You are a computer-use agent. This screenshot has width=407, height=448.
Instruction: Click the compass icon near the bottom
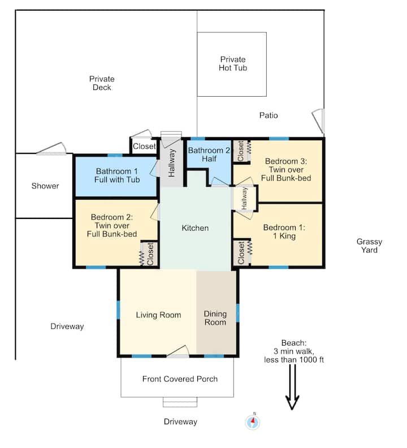253,422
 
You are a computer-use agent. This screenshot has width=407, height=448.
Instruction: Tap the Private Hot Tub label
233,64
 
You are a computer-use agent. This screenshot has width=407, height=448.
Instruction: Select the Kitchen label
195,228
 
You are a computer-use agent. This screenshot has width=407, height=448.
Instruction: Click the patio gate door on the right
318,121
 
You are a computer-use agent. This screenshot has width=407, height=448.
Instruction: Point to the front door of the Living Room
177,352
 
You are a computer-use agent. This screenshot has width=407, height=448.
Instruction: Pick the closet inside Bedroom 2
149,254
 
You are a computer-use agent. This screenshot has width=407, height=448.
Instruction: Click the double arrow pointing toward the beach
292,387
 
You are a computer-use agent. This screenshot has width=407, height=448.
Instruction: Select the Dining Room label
215,318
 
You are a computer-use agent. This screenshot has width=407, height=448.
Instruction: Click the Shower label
45,186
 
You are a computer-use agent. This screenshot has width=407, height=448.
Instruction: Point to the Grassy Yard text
369,245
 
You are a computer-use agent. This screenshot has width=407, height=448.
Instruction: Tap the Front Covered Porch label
180,379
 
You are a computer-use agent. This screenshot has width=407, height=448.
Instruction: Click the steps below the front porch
180,402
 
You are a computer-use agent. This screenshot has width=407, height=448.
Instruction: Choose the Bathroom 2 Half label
209,154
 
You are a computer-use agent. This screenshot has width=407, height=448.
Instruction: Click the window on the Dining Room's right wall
237,313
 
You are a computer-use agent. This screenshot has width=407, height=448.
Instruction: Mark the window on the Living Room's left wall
118,310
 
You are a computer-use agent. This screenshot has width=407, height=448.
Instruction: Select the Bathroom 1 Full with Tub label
117,175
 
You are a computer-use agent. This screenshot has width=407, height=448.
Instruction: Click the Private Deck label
102,83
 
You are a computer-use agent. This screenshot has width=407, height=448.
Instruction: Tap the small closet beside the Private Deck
144,147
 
